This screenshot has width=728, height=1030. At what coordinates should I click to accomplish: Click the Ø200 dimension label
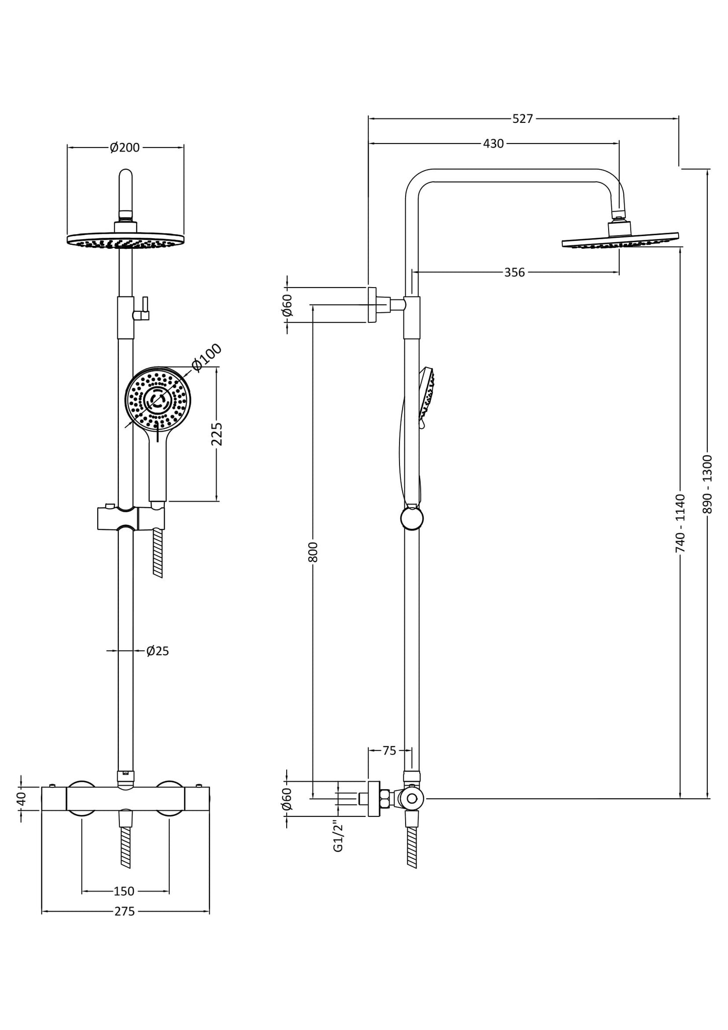tap(125, 148)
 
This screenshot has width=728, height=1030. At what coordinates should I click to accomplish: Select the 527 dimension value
tap(522, 119)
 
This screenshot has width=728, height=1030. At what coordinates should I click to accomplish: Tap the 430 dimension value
tap(493, 144)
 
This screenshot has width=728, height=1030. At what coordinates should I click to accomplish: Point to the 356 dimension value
tap(514, 272)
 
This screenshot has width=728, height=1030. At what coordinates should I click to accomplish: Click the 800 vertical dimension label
tap(313, 552)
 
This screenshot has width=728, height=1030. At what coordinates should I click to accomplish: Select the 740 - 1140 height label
tap(680, 523)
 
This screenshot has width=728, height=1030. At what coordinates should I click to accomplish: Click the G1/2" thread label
tap(338, 837)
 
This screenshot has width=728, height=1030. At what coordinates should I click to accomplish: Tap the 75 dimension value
tap(389, 751)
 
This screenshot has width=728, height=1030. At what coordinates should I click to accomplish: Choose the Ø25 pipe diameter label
tap(158, 651)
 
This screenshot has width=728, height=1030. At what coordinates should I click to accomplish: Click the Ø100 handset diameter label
tap(207, 357)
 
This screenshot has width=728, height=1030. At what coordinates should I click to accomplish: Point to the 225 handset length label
tap(217, 434)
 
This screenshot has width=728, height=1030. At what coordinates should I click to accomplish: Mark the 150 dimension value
tap(124, 891)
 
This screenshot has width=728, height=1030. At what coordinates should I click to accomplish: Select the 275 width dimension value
tap(124, 912)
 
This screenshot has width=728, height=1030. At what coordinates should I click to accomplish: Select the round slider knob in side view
tap(412, 519)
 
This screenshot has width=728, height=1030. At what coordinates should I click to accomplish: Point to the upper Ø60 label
tap(287, 305)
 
